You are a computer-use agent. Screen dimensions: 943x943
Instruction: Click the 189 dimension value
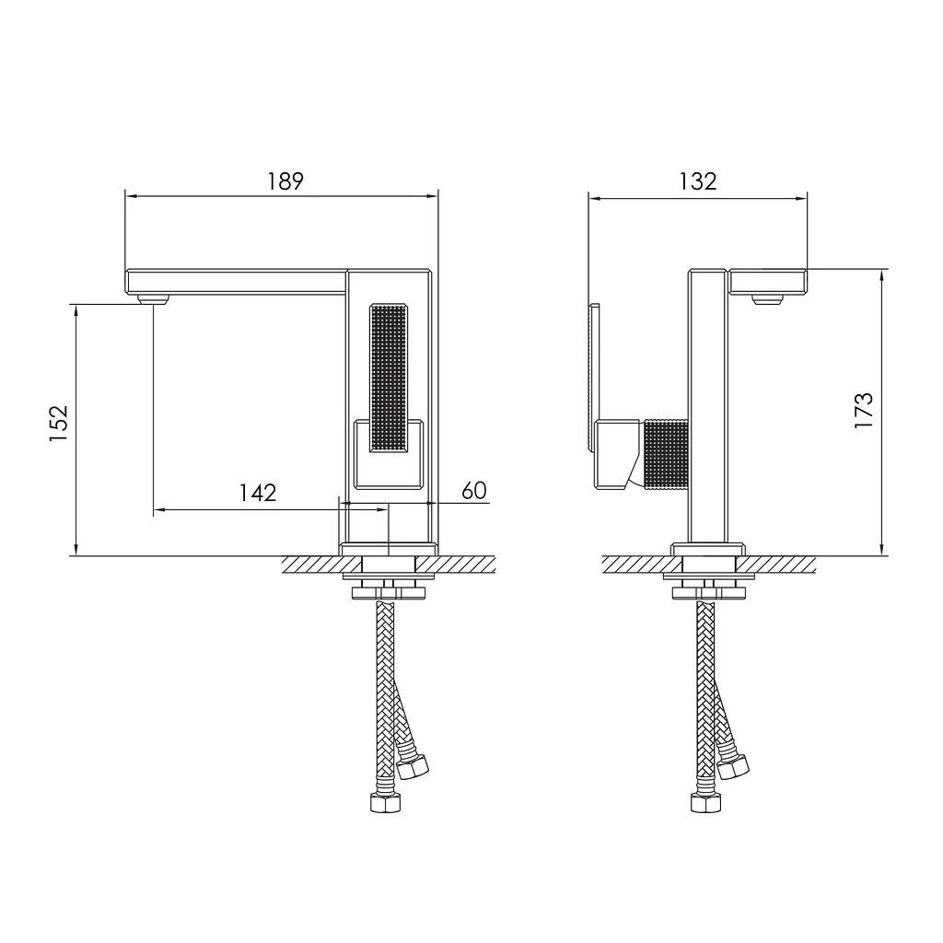pyautogui.click(x=285, y=181)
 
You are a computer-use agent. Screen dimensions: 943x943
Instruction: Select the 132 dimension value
pyautogui.click(x=698, y=181)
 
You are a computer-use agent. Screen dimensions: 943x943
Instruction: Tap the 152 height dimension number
pyautogui.click(x=59, y=424)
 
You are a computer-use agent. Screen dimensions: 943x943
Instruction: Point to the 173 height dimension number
pyautogui.click(x=863, y=410)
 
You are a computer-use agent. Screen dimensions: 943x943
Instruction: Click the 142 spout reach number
pyautogui.click(x=258, y=494)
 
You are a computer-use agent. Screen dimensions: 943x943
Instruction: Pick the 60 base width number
pyautogui.click(x=474, y=491)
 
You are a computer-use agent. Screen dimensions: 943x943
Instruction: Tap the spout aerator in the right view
pyautogui.click(x=768, y=299)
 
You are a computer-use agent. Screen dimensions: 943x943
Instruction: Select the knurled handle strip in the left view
pyautogui.click(x=389, y=378)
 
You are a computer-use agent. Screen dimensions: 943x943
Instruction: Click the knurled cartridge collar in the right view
pyautogui.click(x=666, y=454)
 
